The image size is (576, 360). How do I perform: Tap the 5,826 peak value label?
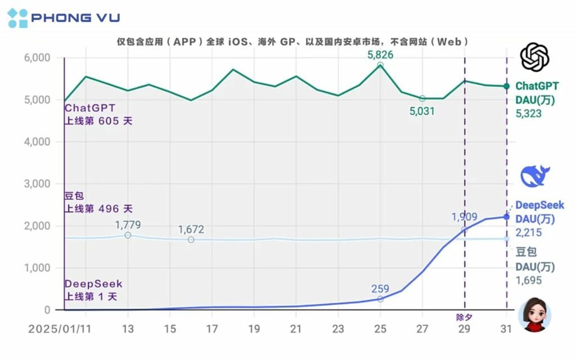380,55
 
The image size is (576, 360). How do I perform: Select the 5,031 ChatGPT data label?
422,111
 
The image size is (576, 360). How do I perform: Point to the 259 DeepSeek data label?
380,289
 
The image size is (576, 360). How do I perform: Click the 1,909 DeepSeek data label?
464,217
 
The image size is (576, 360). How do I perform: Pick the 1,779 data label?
128,225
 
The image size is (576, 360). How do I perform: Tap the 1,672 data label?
191,229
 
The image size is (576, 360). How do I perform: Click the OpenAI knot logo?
534,57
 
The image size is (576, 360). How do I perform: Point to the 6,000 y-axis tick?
37,58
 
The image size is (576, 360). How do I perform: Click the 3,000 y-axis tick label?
37,184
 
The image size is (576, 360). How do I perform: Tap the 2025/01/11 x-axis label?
59,329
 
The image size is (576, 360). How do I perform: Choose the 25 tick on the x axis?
380,329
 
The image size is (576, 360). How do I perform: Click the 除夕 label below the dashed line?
464,317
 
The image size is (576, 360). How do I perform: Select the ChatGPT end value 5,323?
529,114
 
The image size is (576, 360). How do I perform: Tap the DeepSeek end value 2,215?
529,232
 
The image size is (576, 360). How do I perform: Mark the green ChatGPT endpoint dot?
506,86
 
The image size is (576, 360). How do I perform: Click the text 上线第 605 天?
98,120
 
